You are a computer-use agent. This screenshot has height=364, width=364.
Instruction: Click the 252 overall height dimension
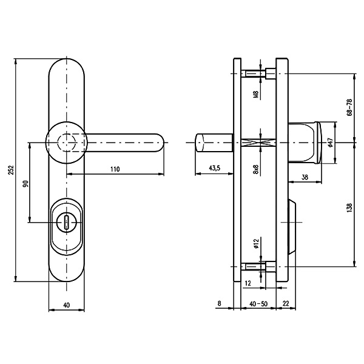[x=12, y=170]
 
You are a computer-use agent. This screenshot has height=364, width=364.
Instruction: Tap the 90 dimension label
[x=25, y=183]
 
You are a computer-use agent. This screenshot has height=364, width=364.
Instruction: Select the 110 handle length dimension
[x=115, y=169]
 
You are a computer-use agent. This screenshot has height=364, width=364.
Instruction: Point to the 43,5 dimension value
[x=215, y=168]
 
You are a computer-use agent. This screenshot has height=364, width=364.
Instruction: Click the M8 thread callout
[x=256, y=94]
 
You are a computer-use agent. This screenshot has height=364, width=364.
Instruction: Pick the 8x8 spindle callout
[x=256, y=169]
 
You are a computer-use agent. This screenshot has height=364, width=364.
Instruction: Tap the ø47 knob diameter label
[x=331, y=143]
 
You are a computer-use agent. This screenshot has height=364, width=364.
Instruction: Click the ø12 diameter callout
[x=256, y=244]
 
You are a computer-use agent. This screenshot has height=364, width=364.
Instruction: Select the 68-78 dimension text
[x=350, y=107]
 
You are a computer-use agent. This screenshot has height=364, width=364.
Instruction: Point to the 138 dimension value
[x=350, y=207]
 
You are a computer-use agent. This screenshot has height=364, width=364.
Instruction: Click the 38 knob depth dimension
[x=305, y=177]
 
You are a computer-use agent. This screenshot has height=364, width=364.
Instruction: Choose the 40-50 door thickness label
[x=258, y=304]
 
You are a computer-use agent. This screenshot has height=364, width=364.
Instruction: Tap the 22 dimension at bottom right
[x=286, y=303]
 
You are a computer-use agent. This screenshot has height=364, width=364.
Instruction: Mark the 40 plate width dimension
[x=66, y=305]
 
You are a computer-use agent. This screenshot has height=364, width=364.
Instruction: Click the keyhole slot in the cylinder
[x=67, y=223]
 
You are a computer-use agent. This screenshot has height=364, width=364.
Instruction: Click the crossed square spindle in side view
[x=258, y=143]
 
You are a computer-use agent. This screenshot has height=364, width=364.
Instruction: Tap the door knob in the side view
[x=305, y=143]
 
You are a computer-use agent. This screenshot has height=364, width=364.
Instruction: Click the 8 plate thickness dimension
[x=220, y=303]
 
